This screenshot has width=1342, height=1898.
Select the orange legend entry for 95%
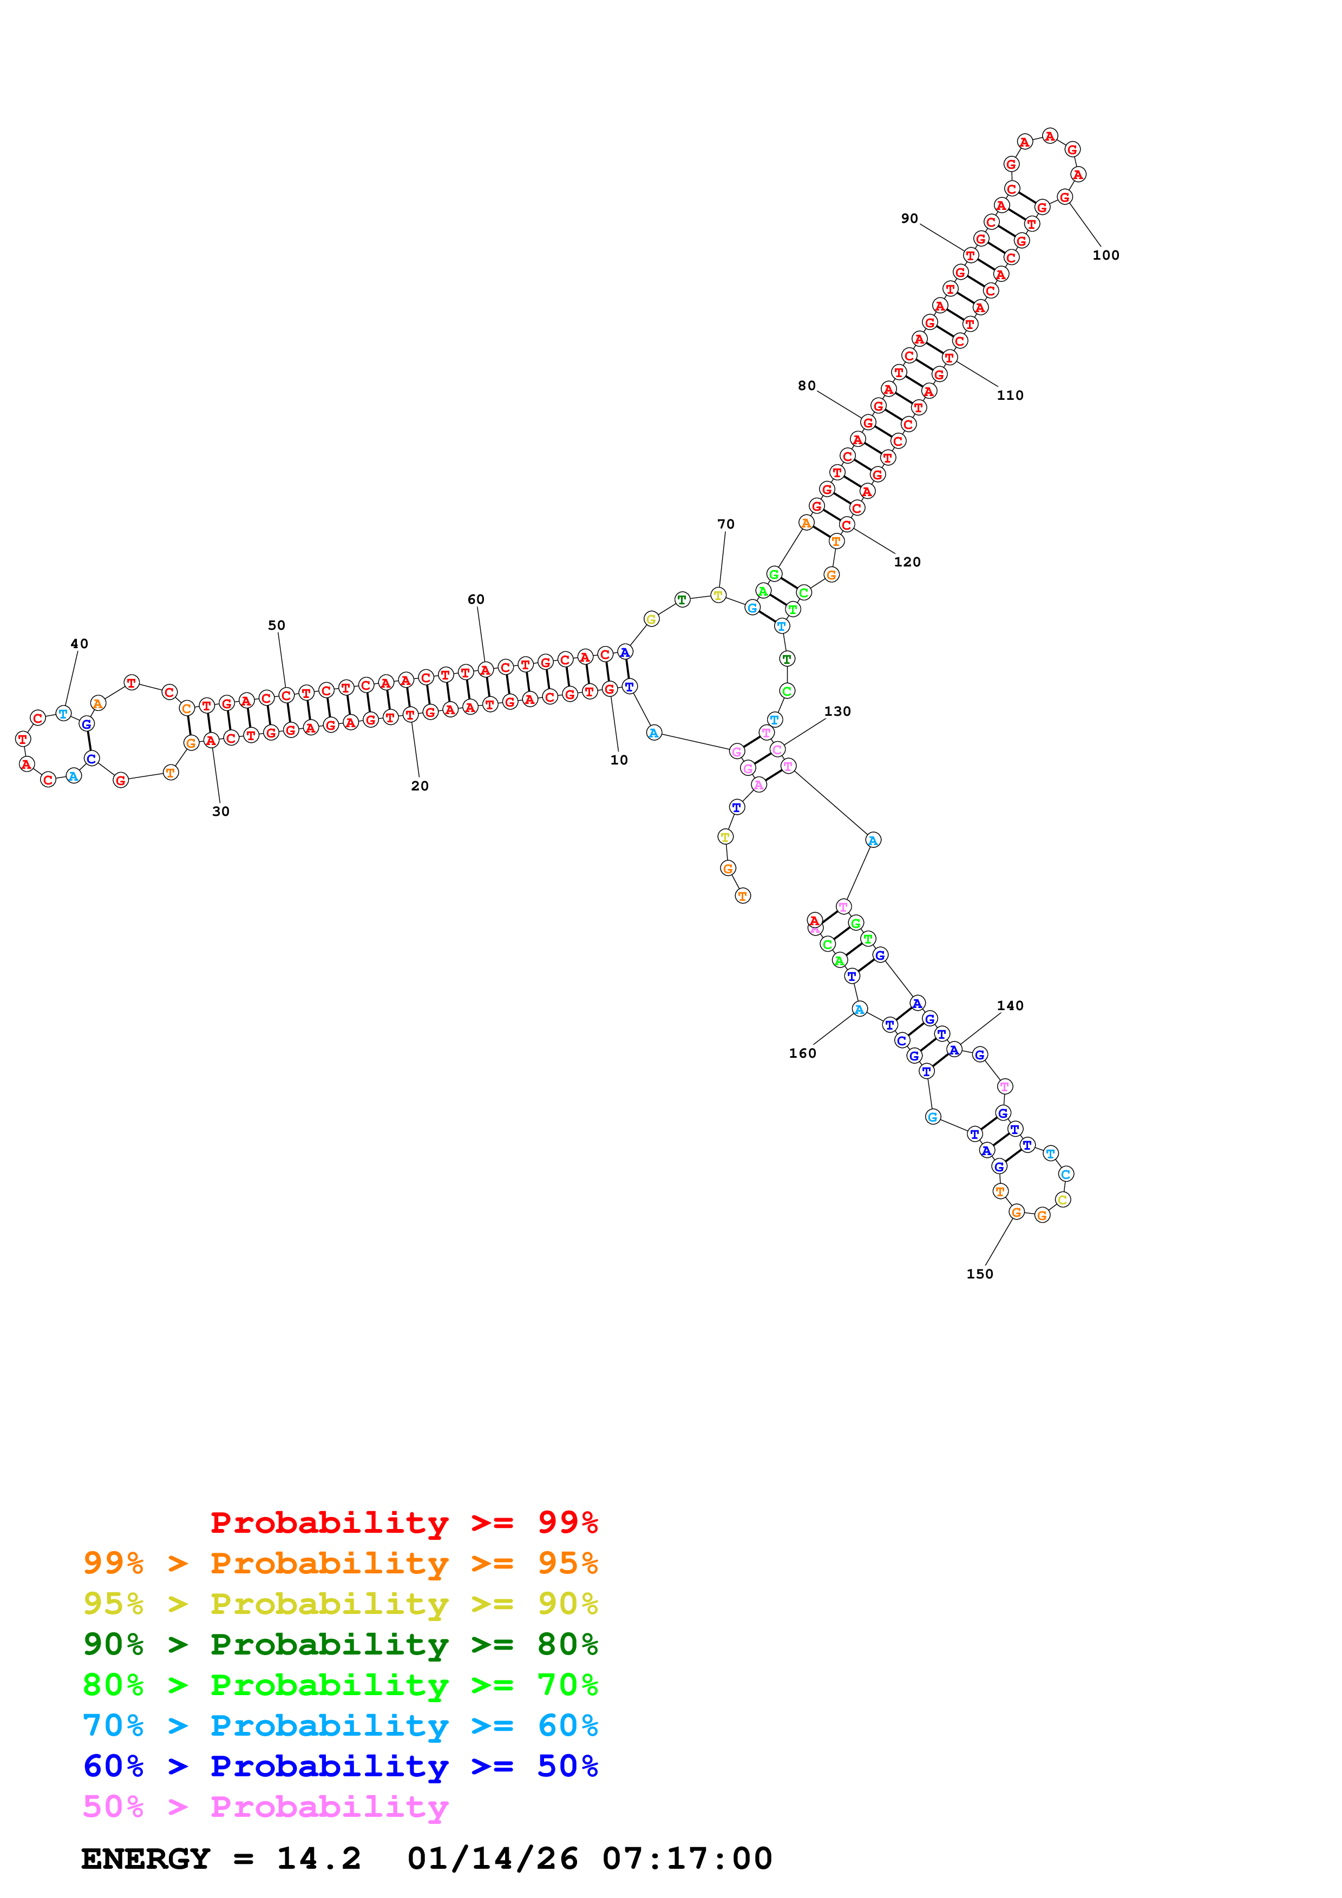click(340, 1563)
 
